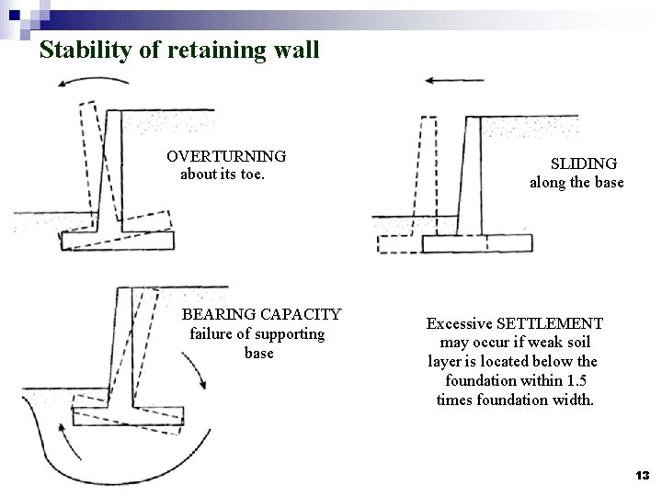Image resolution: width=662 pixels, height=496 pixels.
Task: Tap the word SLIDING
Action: pyautogui.click(x=583, y=163)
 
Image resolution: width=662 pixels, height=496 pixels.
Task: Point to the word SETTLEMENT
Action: pyautogui.click(x=549, y=323)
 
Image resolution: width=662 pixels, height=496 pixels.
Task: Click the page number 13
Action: pyautogui.click(x=642, y=475)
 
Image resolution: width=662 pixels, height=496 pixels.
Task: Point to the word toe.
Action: pyautogui.click(x=253, y=174)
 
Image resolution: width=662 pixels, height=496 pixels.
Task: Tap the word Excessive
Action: pyautogui.click(x=459, y=323)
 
